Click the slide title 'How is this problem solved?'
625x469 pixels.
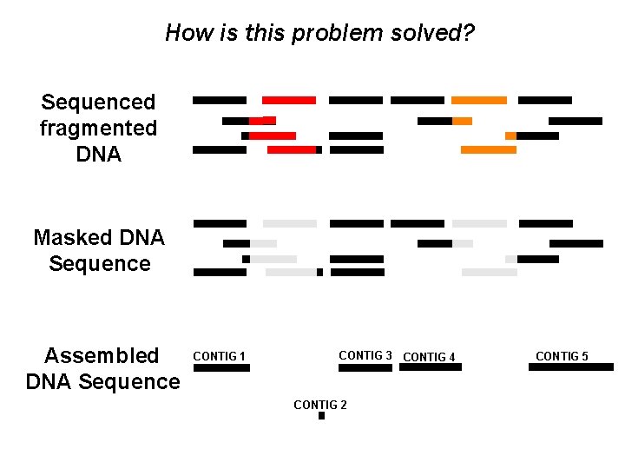pyautogui.click(x=319, y=34)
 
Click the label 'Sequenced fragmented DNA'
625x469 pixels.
pyautogui.click(x=99, y=129)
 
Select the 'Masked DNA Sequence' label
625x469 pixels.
pyautogui.click(x=99, y=250)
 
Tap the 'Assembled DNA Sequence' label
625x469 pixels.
pyautogui.click(x=102, y=368)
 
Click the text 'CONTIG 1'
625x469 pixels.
pyautogui.click(x=219, y=356)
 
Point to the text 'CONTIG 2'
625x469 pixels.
pyautogui.click(x=320, y=405)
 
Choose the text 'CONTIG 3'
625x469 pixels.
pyautogui.click(x=365, y=355)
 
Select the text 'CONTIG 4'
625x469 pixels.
pyautogui.click(x=430, y=356)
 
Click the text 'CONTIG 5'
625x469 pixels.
pyautogui.click(x=562, y=356)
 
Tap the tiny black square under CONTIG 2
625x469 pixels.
pyautogui.click(x=321, y=416)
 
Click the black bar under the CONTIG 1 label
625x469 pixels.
pyautogui.click(x=221, y=367)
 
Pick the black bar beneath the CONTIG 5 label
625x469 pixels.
pyautogui.click(x=570, y=367)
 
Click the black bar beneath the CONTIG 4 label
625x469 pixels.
pyautogui.click(x=431, y=367)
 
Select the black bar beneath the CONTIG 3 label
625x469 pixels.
pyautogui.click(x=365, y=367)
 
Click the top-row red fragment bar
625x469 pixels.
pyautogui.click(x=289, y=101)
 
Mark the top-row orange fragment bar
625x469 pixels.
pyautogui.click(x=479, y=101)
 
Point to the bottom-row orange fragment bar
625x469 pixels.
pyautogui.click(x=488, y=150)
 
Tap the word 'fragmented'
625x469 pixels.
pyautogui.click(x=99, y=129)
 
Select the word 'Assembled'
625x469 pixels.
pyautogui.click(x=102, y=355)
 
